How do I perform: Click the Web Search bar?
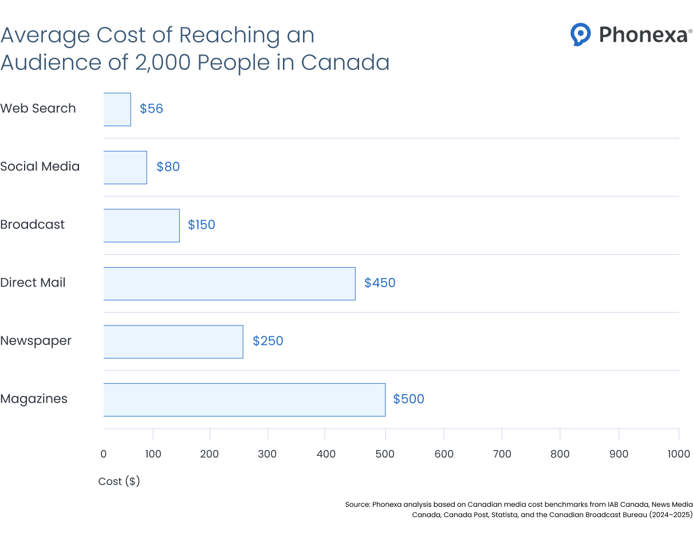[x=117, y=109]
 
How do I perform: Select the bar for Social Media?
[x=125, y=167]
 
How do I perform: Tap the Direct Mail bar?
[x=229, y=283]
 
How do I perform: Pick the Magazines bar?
[x=244, y=399]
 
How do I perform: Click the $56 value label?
[x=151, y=109]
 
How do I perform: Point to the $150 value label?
[x=202, y=225]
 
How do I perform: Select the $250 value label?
[x=268, y=341]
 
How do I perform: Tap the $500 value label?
[x=408, y=399]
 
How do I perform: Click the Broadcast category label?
[x=33, y=225]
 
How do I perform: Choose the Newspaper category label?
[x=36, y=341]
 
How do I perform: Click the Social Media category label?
[x=40, y=167]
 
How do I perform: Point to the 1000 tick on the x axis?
[x=679, y=454]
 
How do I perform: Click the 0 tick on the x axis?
[x=104, y=454]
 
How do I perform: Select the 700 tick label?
[x=502, y=454]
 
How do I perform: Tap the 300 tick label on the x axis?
[x=267, y=454]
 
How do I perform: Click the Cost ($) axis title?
[x=119, y=482]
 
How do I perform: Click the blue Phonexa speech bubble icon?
[x=580, y=34]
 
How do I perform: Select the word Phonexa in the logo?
[x=643, y=35]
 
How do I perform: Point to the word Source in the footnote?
[x=357, y=505]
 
